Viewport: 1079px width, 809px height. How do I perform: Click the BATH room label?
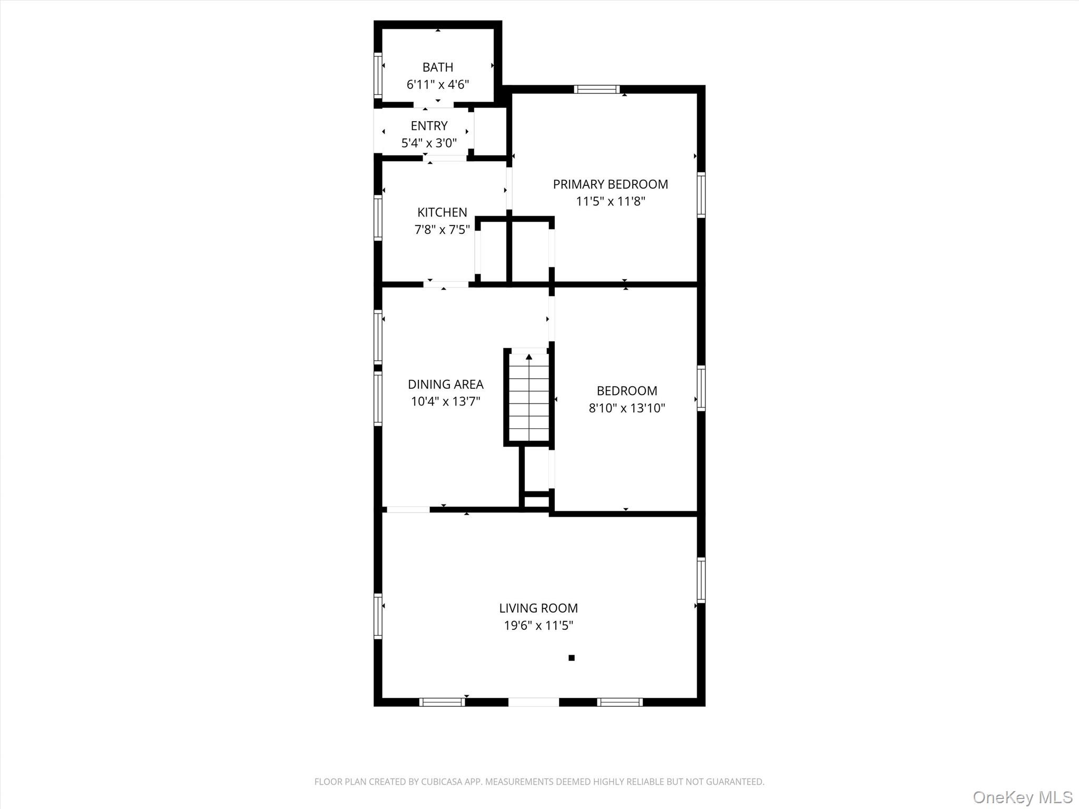[437, 67]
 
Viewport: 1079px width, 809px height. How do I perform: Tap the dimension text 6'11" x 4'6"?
[437, 85]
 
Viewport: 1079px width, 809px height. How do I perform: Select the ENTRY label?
[429, 126]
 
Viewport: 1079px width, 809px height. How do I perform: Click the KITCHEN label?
[442, 212]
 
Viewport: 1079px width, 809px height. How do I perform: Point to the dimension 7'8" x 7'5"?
[442, 230]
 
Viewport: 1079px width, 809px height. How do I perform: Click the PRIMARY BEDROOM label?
[610, 184]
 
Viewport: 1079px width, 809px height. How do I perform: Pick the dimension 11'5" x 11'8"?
[610, 201]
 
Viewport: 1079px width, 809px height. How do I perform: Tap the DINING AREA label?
[445, 384]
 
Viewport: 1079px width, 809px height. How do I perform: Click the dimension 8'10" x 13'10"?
[626, 408]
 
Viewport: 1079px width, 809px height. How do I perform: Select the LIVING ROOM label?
[538, 608]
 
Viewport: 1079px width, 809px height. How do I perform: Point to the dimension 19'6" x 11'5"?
[538, 626]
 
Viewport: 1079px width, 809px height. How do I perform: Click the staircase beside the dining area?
[528, 400]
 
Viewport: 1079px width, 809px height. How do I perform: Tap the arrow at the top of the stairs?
[528, 357]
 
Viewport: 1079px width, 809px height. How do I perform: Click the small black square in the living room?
[571, 658]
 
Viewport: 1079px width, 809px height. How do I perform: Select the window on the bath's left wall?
[378, 74]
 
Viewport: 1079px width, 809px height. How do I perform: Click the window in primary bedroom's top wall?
[596, 89]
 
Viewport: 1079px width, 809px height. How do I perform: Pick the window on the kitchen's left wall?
[378, 218]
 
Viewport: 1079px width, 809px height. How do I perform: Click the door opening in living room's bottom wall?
[533, 702]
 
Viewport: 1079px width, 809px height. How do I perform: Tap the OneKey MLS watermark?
[1022, 797]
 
